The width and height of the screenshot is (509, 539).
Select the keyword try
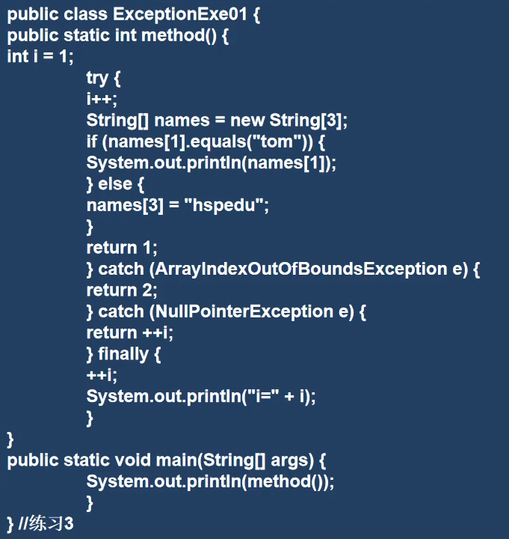point(97,78)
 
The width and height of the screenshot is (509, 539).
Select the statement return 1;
point(122,248)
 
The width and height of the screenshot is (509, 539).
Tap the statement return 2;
point(122,290)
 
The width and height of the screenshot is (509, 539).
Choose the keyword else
point(115,184)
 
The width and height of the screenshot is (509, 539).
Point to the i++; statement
point(102,99)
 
